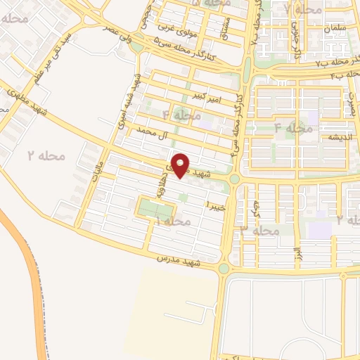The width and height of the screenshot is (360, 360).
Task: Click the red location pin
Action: coord(181,165)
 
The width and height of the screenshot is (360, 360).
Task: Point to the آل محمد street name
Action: coord(145,131)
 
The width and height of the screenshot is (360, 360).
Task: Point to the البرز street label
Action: coord(298,252)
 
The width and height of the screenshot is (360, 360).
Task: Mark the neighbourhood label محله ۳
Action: coord(259,230)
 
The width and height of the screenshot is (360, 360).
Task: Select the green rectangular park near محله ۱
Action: coord(155,209)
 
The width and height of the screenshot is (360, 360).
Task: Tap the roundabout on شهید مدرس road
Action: coord(224,268)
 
